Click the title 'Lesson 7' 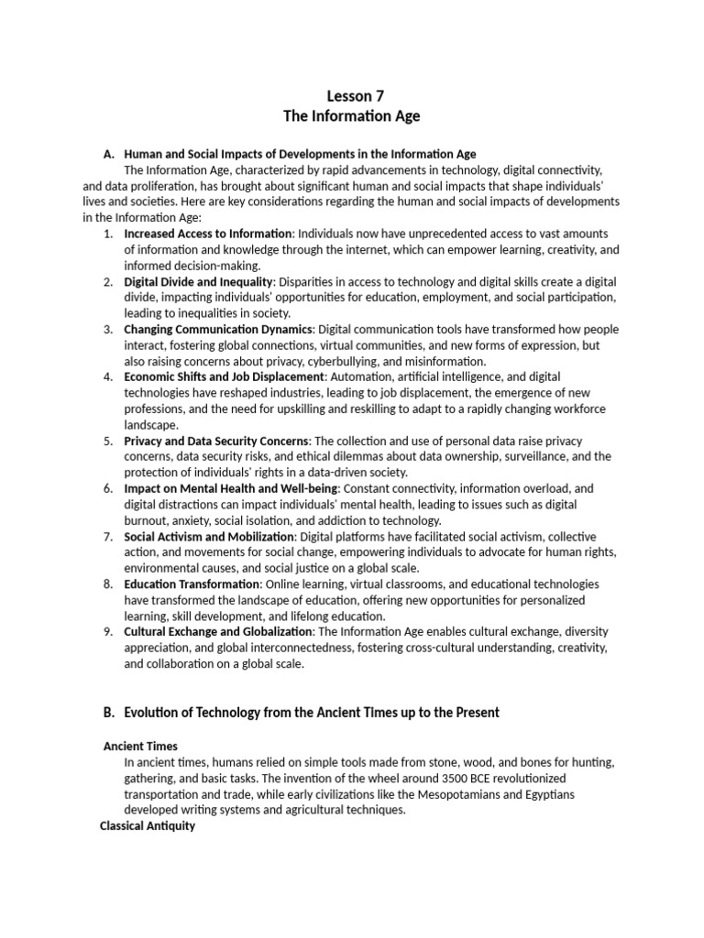(352, 95)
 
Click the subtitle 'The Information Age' (352, 116)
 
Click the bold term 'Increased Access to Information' (208, 234)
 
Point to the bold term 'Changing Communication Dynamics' (219, 329)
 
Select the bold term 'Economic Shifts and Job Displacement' (225, 376)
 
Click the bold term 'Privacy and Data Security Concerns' (216, 441)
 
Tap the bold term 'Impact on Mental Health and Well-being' (231, 488)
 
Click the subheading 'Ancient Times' (141, 746)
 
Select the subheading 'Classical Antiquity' (147, 826)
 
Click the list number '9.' (108, 631)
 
